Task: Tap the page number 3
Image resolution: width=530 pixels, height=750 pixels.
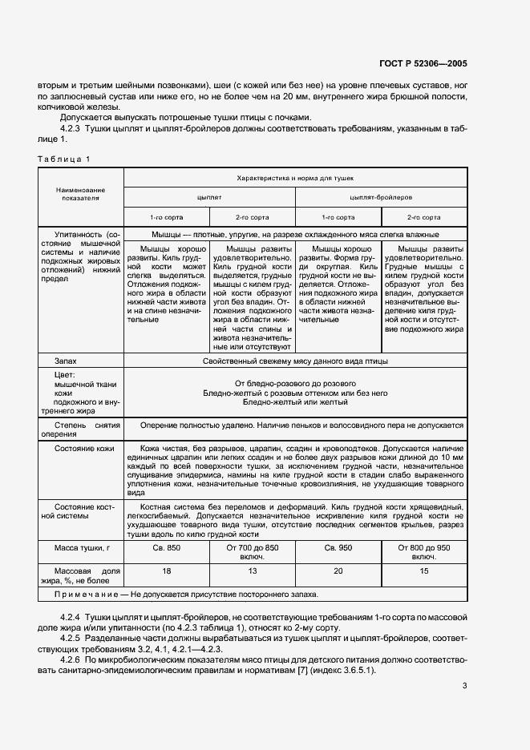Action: click(464, 685)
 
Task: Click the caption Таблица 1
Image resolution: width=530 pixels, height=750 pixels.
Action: click(65, 159)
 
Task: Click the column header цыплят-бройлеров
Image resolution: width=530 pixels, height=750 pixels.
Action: click(381, 196)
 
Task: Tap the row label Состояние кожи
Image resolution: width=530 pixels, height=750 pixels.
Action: click(83, 449)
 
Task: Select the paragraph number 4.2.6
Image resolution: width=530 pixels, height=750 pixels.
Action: click(72, 659)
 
